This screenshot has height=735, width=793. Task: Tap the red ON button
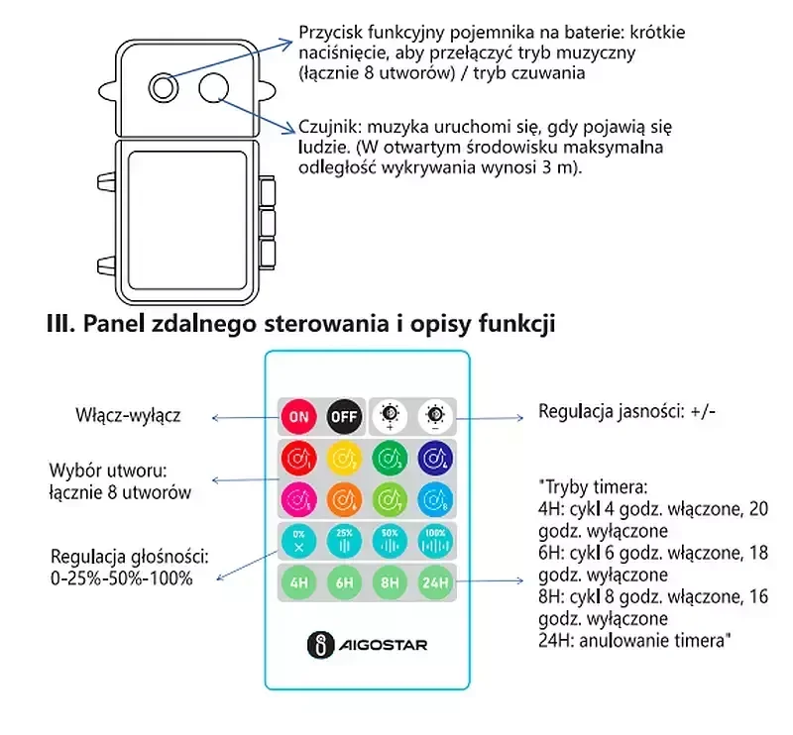coord(299,417)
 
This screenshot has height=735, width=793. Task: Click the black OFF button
coord(344,417)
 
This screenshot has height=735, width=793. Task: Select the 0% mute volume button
coord(299,542)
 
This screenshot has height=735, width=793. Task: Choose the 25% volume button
coord(344,542)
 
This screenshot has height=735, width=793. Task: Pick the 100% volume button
coord(435,542)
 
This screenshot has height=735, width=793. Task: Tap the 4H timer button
coord(299,582)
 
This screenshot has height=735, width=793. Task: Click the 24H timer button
coord(435,582)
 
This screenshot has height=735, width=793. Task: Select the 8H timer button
coord(390,582)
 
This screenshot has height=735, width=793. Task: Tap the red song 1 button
coord(299,459)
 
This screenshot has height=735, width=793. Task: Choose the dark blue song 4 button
coord(435,459)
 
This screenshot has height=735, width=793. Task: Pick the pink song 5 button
coord(299,500)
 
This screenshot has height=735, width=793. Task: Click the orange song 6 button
coord(344,500)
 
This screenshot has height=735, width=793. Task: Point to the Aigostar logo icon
coord(320,645)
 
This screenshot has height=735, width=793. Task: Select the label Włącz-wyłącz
coord(128,415)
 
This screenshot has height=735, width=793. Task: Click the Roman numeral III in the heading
coord(60,324)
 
